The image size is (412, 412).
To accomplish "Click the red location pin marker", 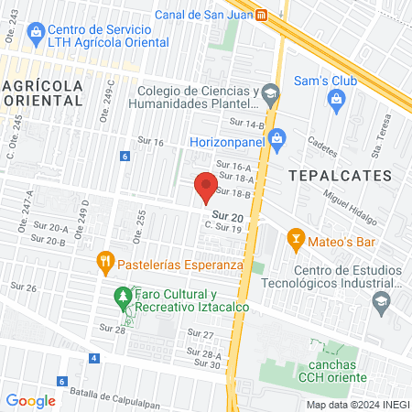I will pyautogui.click(x=207, y=188).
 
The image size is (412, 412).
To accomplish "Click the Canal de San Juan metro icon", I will pyautogui.click(x=262, y=14).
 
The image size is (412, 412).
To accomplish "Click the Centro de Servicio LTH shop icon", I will pyautogui.click(x=36, y=34).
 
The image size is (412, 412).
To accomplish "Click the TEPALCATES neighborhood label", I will pyautogui.click(x=340, y=174).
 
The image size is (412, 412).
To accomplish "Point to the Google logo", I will pyautogui.click(x=31, y=400).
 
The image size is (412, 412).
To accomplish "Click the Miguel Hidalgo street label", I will pyautogui.click(x=349, y=211).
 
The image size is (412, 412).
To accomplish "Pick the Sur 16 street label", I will pyautogui.click(x=150, y=142).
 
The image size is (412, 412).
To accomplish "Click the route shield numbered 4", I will pyautogui.click(x=94, y=357).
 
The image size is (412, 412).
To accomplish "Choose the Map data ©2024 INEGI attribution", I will pyautogui.click(x=356, y=404).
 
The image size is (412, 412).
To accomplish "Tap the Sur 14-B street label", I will pyautogui.click(x=247, y=123).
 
